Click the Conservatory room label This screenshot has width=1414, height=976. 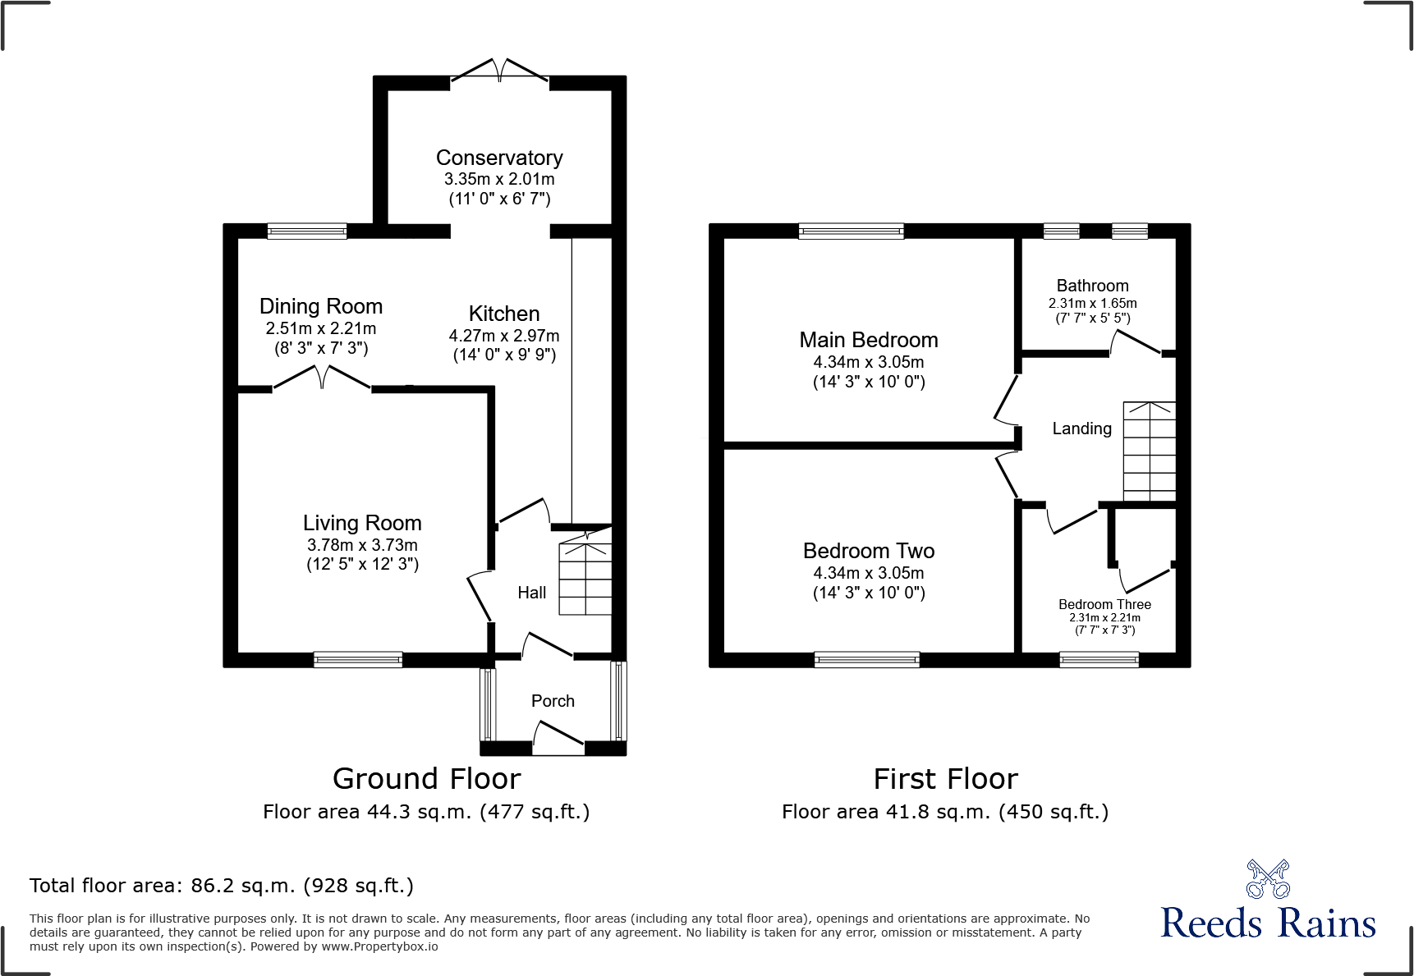[x=499, y=158]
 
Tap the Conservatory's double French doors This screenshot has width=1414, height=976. [x=499, y=72]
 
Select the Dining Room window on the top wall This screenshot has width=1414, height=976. [x=307, y=231]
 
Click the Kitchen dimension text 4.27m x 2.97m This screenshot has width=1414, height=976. [x=504, y=336]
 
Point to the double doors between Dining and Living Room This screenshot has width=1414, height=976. [x=321, y=379]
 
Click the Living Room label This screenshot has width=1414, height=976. [x=362, y=523]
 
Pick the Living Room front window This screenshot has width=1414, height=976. [x=358, y=659]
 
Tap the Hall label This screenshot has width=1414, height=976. [x=531, y=593]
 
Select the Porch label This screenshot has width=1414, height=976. [x=553, y=701]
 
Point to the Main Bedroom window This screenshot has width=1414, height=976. [x=851, y=231]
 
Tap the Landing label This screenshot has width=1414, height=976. [x=1081, y=428]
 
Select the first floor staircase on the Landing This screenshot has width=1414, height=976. [x=1149, y=451]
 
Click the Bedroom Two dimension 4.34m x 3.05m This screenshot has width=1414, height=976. [x=869, y=573]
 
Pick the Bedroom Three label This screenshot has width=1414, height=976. [x=1104, y=604]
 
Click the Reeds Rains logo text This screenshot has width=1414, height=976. [x=1268, y=923]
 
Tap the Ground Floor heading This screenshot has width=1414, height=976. [x=426, y=778]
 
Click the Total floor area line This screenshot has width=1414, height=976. [x=222, y=886]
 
